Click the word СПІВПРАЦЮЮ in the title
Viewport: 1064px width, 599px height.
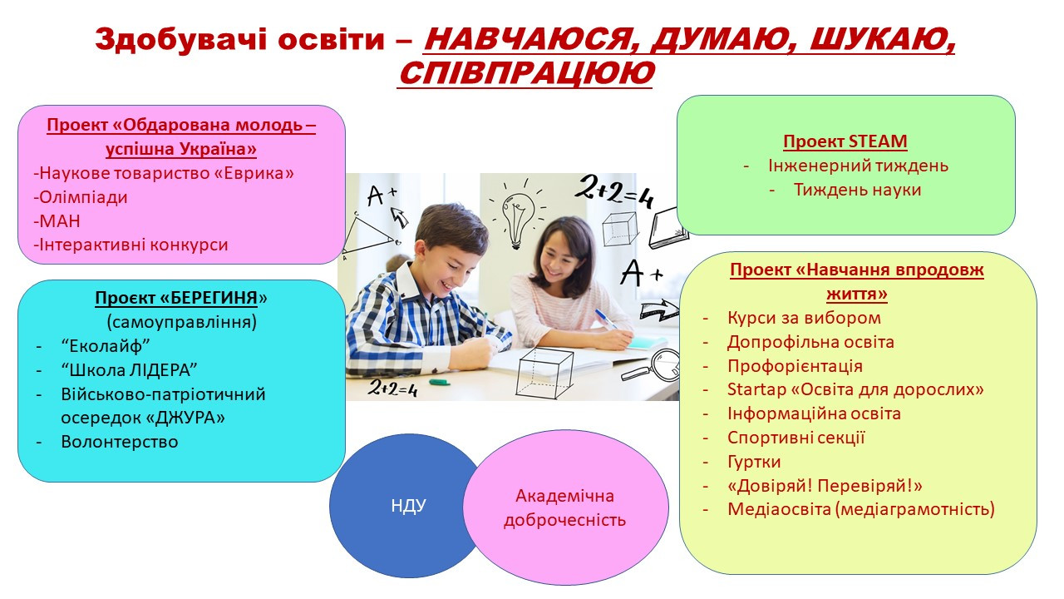click(x=526, y=73)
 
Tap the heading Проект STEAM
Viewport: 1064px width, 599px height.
click(x=845, y=141)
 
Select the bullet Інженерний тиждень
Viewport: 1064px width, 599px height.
click(x=858, y=166)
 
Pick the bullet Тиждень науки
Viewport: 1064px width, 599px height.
click(x=857, y=191)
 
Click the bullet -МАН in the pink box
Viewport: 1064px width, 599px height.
click(x=57, y=221)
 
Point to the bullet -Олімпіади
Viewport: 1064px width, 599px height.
click(x=81, y=197)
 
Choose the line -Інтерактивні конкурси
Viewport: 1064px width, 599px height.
click(x=131, y=245)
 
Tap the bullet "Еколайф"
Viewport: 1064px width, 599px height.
click(x=106, y=345)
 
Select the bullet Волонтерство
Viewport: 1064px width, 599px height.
click(x=119, y=442)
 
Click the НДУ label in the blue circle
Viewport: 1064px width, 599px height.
click(x=408, y=506)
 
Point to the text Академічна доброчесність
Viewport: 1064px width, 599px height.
click(x=564, y=508)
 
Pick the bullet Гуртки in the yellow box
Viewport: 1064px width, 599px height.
click(x=754, y=462)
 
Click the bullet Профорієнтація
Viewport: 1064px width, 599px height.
click(x=795, y=366)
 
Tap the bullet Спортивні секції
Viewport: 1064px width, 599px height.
click(x=796, y=438)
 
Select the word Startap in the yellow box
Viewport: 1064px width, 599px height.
click(x=756, y=390)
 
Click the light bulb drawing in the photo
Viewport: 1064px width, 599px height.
click(x=517, y=215)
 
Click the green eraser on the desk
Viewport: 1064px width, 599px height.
click(x=440, y=382)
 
